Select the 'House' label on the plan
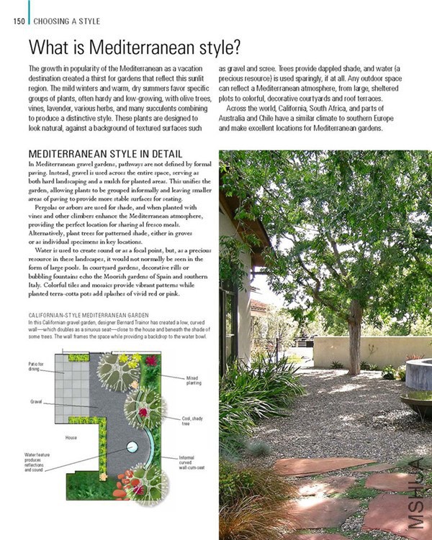[x=71, y=437]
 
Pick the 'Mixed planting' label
[x=193, y=380]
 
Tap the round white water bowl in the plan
[x=132, y=447]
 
